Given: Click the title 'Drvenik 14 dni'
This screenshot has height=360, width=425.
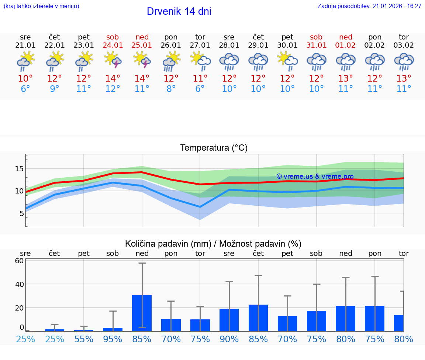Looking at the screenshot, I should (x=179, y=11).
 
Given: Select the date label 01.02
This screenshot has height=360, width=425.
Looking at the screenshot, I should (x=346, y=45).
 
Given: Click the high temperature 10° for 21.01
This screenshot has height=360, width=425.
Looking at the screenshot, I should (x=25, y=79).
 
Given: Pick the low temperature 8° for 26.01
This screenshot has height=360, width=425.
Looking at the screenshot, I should (x=171, y=89).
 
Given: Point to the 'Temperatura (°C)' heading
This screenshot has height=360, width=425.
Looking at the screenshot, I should (x=214, y=148).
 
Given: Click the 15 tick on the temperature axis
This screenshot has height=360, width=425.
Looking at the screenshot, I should (x=19, y=169).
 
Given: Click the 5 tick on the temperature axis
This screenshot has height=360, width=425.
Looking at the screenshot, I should (x=21, y=213).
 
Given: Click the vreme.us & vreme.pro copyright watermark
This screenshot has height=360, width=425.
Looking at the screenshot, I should (x=315, y=176).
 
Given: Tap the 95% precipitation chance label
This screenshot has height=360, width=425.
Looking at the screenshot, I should (x=113, y=339).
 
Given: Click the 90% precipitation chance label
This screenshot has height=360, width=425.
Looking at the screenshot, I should (x=229, y=339).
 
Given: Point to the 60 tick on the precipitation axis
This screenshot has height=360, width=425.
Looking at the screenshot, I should (x=19, y=261).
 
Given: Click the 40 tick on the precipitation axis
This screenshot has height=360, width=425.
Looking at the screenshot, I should (x=19, y=284).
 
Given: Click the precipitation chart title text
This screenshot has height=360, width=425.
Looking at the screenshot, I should (x=213, y=244).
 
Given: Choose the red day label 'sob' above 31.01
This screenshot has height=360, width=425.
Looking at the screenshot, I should (x=316, y=37).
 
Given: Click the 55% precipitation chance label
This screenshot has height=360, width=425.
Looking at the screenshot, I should (x=84, y=339).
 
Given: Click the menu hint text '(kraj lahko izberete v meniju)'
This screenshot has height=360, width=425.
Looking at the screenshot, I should (x=41, y=6).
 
